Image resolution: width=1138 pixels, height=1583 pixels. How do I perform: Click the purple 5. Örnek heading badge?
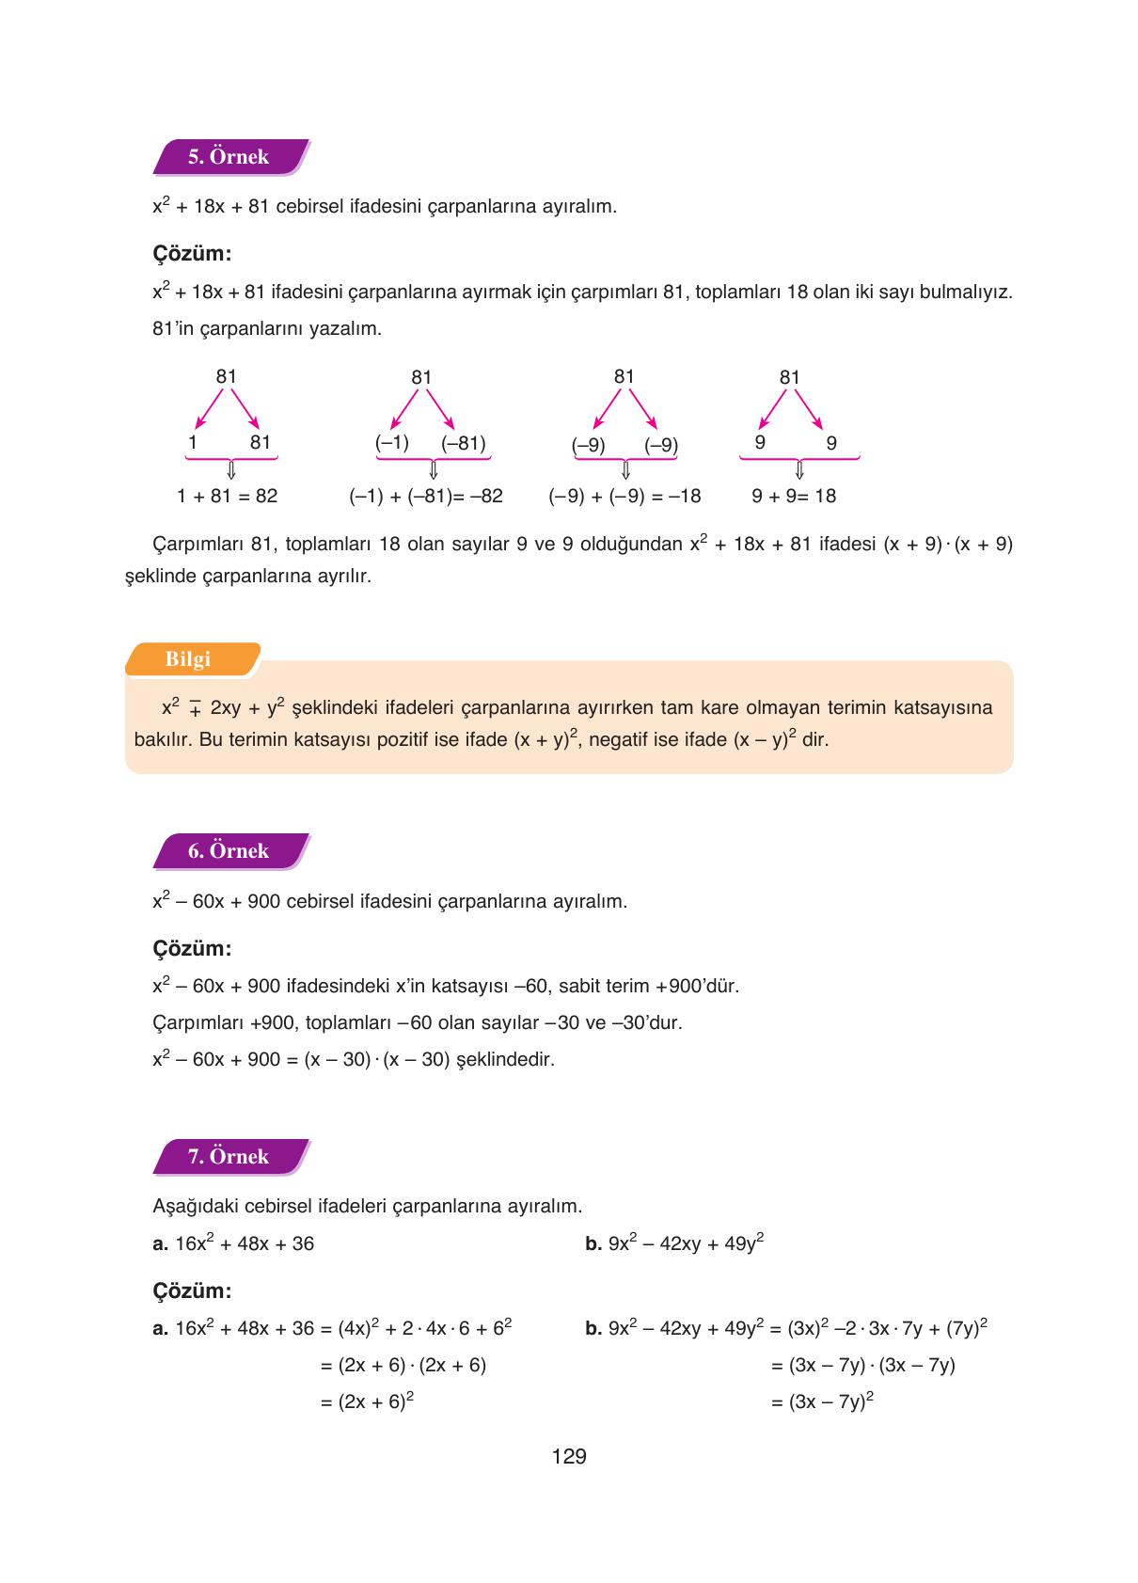(229, 157)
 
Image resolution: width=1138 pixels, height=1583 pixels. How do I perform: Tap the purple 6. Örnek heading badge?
(229, 851)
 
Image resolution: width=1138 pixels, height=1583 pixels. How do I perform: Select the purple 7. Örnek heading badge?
(229, 1157)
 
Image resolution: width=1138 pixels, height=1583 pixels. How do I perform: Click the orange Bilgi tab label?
(189, 659)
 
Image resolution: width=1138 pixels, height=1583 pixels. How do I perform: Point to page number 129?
(569, 1457)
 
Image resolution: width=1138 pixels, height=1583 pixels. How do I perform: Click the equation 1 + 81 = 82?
(228, 496)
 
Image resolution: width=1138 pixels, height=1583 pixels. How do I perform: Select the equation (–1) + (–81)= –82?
(426, 496)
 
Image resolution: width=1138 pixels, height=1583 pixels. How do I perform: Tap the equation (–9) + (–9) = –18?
(624, 496)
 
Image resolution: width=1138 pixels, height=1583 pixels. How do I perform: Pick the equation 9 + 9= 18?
(794, 496)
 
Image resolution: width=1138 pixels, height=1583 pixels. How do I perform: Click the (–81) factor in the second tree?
(463, 443)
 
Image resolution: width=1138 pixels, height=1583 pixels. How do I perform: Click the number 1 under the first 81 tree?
(193, 442)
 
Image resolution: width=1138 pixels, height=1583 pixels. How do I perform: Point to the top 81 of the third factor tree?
(624, 376)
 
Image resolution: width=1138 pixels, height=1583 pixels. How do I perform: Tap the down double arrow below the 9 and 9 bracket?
(799, 469)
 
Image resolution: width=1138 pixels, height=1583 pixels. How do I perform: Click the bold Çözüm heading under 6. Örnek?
(192, 948)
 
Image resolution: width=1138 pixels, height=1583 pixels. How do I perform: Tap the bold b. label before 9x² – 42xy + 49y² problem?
(593, 1244)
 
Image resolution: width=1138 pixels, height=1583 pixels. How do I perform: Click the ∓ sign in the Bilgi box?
(196, 709)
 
